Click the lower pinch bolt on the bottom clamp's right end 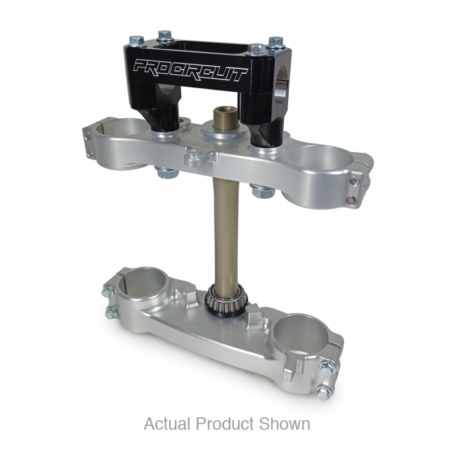click(x=325, y=389)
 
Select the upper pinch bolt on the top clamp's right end click(x=354, y=181)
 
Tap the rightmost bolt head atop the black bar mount click(x=276, y=42)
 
